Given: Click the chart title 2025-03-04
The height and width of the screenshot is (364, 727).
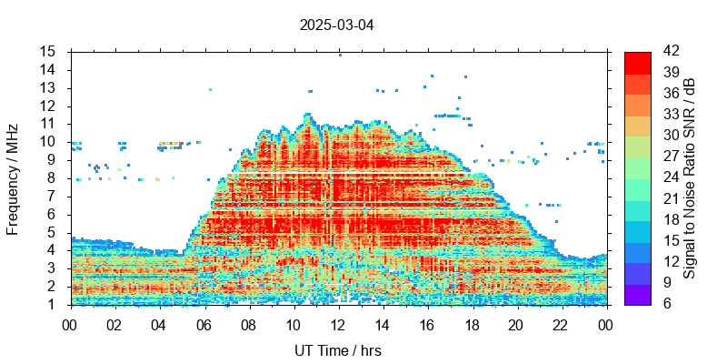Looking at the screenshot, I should click(x=336, y=25).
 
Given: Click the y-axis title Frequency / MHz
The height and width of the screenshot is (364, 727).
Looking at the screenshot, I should click(x=13, y=178).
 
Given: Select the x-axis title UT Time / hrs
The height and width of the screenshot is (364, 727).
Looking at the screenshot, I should click(x=337, y=350).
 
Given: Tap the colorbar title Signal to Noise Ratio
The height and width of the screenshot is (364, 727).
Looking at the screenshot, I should click(x=690, y=178).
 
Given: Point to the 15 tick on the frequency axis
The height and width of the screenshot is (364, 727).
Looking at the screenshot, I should click(x=48, y=51).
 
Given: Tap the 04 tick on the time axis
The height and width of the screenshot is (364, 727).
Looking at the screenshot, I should click(x=159, y=323).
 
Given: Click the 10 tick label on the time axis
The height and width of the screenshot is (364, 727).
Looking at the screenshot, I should click(x=293, y=323).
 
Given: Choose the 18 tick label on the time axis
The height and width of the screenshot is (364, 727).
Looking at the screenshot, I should click(x=472, y=323).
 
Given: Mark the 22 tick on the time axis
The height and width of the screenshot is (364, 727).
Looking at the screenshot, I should click(x=561, y=323).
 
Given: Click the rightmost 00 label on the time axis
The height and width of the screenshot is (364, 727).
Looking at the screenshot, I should click(x=605, y=323).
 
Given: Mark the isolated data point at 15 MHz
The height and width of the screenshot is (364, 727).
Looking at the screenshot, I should click(x=340, y=55).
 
